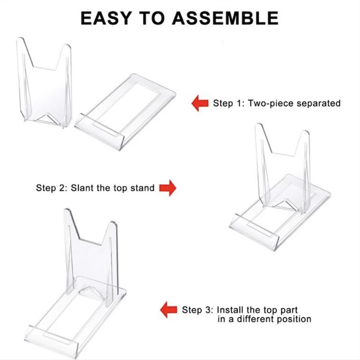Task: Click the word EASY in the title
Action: click(106, 18)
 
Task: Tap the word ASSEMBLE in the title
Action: click(225, 18)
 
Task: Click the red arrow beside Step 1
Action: click(200, 103)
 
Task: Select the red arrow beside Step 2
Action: click(168, 188)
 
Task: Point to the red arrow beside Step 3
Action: click(169, 310)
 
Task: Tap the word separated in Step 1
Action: click(319, 103)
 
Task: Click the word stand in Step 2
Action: click(142, 188)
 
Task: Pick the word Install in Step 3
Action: click(230, 310)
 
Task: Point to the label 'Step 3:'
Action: click(197, 310)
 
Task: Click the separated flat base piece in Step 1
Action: click(125, 112)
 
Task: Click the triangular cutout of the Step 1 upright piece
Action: click(47, 118)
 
